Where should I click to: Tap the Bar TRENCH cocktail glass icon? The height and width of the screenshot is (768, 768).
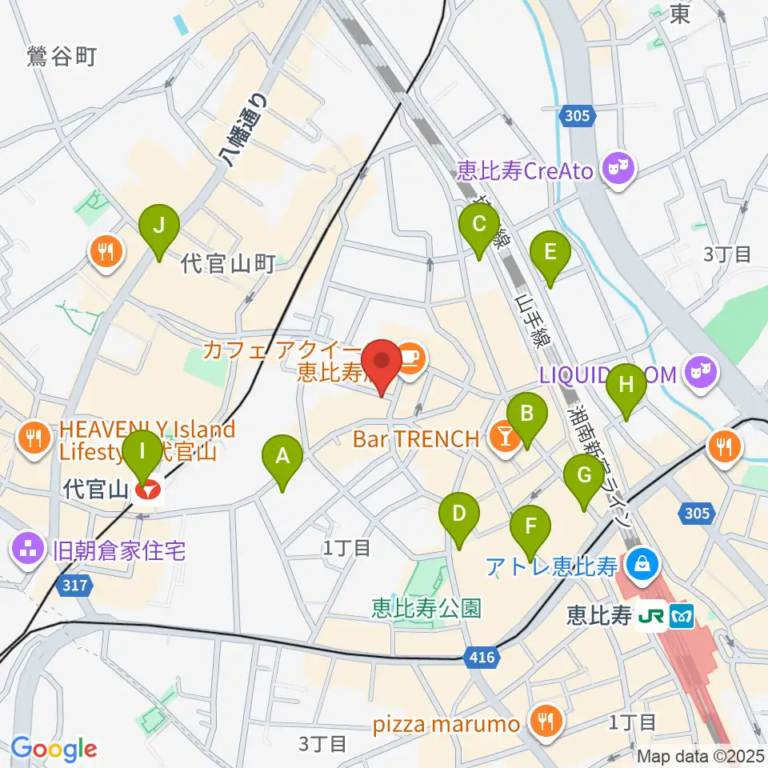[505, 438]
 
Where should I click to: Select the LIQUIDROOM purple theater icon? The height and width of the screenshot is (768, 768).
[702, 373]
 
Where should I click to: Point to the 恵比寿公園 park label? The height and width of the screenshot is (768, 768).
[427, 608]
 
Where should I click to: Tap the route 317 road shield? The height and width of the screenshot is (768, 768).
[73, 586]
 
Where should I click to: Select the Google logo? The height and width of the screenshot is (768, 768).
[54, 749]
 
